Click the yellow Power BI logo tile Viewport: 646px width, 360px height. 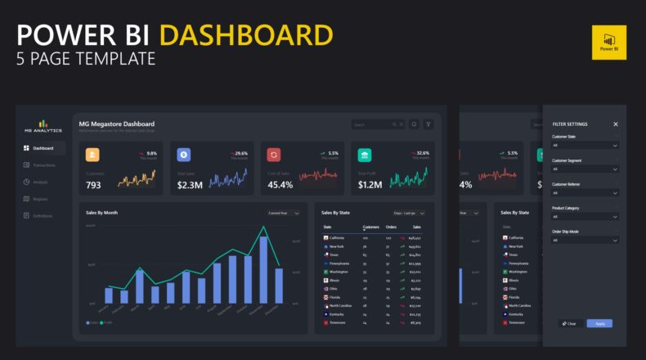[608, 42]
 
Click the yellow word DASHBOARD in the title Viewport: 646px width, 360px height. [246, 35]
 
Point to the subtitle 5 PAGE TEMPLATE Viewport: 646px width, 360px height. [86, 59]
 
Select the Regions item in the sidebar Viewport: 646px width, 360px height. [40, 199]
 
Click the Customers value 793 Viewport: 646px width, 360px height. [94, 185]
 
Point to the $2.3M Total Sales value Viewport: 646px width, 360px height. [190, 185]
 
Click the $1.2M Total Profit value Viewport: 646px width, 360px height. [370, 185]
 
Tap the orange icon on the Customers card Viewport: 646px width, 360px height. [92, 155]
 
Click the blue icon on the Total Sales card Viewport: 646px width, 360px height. [183, 155]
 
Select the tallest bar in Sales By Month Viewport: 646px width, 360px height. [263, 270]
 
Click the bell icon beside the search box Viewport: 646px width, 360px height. [414, 124]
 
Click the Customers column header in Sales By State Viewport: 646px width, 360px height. [370, 227]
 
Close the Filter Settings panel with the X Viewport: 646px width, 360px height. [616, 124]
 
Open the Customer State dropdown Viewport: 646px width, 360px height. [585, 145]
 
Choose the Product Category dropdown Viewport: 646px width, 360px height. [585, 217]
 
